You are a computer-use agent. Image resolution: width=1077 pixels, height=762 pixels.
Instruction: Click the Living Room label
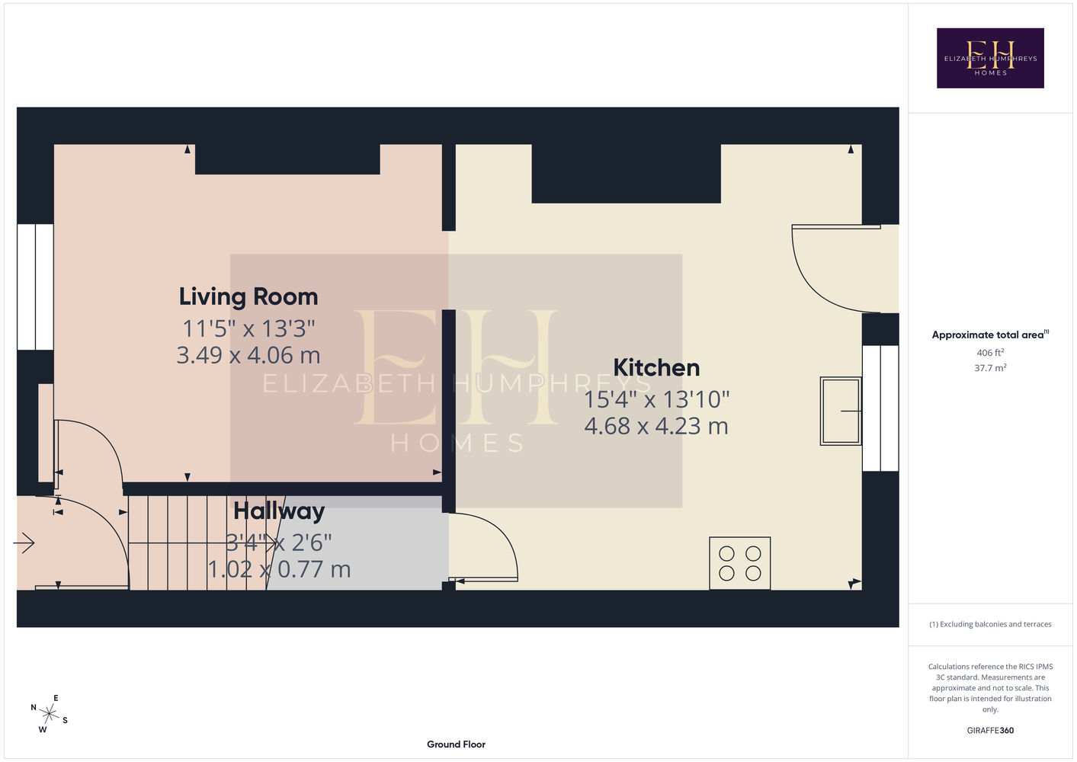[248, 296]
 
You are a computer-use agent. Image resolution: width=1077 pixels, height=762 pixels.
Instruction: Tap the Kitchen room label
[656, 368]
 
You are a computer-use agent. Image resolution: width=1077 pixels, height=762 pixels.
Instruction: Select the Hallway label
[279, 511]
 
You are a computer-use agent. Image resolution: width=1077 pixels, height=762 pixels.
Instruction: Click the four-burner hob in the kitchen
[739, 563]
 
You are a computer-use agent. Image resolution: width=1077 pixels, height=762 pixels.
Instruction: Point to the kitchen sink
[841, 411]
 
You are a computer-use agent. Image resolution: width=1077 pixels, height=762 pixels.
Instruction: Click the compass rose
[49, 714]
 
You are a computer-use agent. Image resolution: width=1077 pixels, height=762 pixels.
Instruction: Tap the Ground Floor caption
[456, 744]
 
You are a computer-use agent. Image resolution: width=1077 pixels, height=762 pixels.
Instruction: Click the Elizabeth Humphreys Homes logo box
[990, 58]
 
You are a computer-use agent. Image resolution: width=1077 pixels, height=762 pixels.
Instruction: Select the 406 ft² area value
[990, 352]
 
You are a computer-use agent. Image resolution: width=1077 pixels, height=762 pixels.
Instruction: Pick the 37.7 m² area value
[990, 368]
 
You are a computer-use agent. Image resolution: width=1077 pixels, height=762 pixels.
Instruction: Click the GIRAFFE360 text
[990, 730]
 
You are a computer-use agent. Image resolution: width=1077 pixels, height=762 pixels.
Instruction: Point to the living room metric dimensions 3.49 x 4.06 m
[248, 355]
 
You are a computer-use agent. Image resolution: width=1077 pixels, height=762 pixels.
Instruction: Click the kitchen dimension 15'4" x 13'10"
[656, 399]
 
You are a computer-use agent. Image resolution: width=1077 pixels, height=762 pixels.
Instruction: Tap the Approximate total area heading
[990, 335]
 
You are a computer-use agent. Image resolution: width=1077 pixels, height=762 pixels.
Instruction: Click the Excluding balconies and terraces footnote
[990, 624]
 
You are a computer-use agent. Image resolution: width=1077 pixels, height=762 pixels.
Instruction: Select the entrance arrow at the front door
[24, 543]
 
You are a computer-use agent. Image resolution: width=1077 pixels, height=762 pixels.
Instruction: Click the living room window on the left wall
[35, 287]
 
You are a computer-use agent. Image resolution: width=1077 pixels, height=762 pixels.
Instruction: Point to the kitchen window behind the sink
[880, 408]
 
